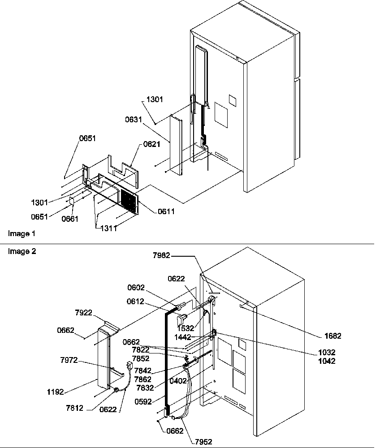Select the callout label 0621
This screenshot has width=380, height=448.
coord(152,144)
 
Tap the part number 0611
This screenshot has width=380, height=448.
coord(166,211)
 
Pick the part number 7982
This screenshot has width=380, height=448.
coord(162,255)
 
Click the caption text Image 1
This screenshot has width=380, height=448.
coord(22,234)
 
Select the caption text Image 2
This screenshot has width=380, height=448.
coord(22,251)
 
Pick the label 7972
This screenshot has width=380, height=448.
coord(69,360)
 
